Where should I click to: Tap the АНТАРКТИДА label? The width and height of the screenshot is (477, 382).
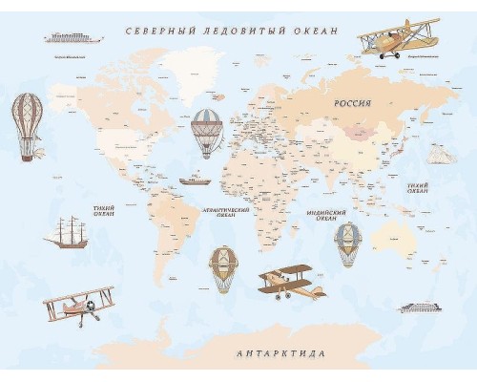[x=280, y=353]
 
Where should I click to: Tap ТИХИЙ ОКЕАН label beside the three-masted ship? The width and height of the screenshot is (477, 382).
[x=104, y=210]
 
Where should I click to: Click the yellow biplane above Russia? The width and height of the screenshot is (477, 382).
[x=391, y=38]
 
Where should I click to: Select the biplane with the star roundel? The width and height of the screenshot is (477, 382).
[x=78, y=306]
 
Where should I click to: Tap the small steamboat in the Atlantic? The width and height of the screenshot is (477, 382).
[x=194, y=179]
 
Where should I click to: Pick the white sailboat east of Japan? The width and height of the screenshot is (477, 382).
[x=438, y=154]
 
